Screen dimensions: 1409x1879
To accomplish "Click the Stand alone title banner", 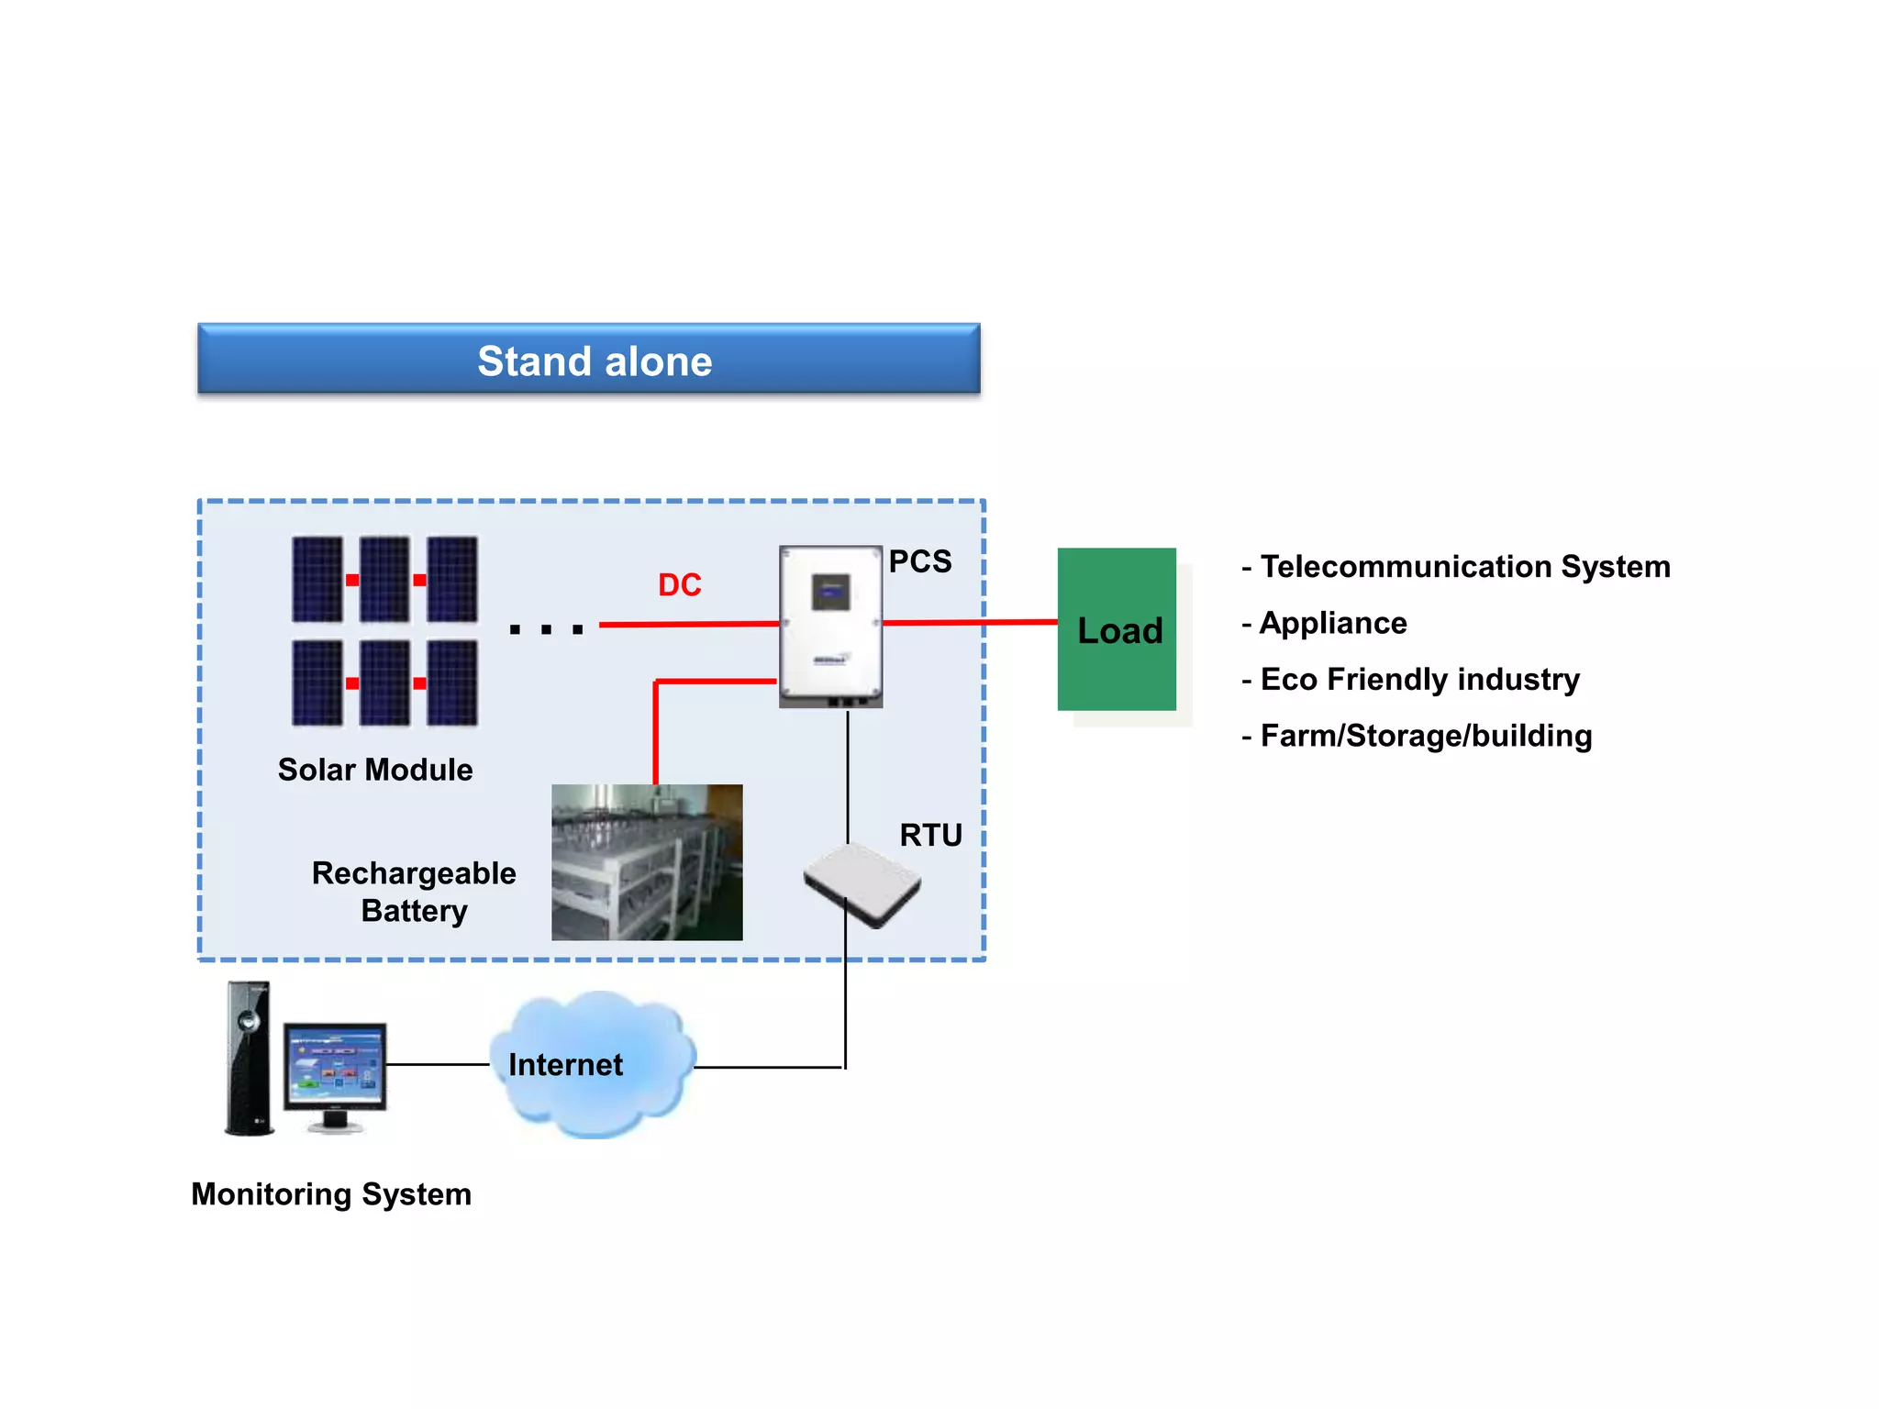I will pos(589,360).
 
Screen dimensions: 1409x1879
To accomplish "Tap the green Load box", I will pos(1117,629).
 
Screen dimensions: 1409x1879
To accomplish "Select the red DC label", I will pos(679,585).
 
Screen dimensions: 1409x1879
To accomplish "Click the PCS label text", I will pos(919,561).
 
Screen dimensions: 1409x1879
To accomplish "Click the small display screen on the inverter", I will pos(831,592).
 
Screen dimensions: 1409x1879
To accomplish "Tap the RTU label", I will pos(930,835).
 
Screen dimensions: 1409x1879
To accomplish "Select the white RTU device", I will pos(862,884).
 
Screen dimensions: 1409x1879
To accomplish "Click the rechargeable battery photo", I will pos(647,862).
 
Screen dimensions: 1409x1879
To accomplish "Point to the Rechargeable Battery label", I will pos(414,892).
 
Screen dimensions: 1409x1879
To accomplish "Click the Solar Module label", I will pos(375,770).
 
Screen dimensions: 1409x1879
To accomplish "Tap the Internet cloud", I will pos(592,1064).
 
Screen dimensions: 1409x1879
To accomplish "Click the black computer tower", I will pos(250,1060).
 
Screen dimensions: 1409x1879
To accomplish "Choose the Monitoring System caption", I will pos(331,1194).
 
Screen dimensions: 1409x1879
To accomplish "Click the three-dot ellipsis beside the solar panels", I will pos(546,629).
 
